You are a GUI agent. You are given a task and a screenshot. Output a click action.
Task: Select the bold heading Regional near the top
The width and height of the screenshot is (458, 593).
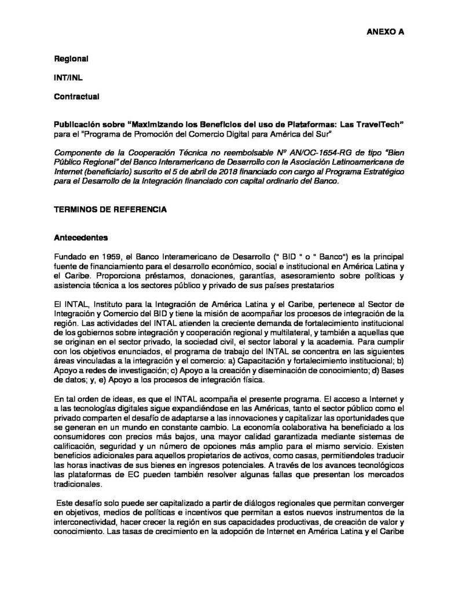71,59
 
